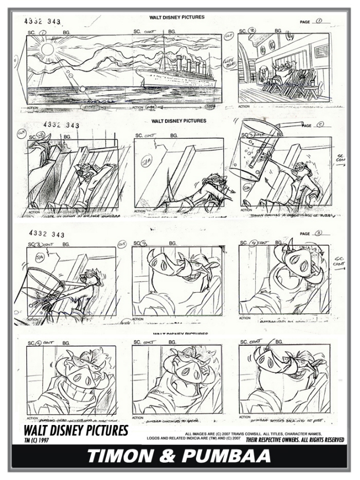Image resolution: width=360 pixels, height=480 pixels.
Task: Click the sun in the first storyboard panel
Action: tap(48, 50)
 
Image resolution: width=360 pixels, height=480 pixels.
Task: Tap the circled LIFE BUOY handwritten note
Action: tap(229, 63)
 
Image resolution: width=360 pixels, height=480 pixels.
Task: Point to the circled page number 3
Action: tap(319, 234)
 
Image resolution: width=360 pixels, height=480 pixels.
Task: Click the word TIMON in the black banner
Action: tap(120, 456)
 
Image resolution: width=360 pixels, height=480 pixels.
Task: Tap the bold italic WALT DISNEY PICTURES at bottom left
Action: tap(76, 431)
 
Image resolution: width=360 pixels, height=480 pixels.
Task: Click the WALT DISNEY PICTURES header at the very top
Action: tap(176, 17)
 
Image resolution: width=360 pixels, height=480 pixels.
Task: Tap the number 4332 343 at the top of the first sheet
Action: tap(42, 21)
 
